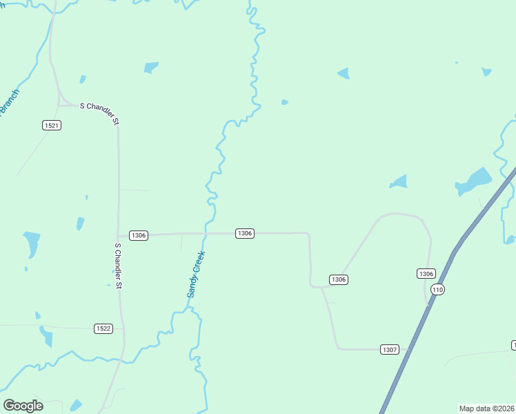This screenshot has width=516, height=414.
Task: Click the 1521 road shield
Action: coord(51,125)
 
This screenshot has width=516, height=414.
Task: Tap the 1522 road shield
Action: coord(103,328)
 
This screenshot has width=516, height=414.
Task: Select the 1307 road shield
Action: coord(390,350)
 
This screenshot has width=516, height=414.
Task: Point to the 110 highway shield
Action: coord(437,290)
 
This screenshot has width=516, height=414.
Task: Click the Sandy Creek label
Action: coord(197,274)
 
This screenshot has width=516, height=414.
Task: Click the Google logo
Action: coord(23,406)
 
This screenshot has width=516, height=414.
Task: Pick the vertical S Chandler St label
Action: coord(118,266)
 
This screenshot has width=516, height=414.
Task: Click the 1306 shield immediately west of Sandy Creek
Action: coord(139,235)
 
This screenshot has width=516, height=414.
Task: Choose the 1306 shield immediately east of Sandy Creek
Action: coord(245,233)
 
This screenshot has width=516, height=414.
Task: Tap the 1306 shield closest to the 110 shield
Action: coord(426,274)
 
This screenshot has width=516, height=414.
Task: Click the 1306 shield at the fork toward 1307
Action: coord(338,279)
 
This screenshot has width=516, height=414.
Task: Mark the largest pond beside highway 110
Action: coord(475,181)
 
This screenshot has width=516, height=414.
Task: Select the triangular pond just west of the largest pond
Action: coord(399,182)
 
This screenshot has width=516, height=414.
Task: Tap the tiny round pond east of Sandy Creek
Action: coord(284,102)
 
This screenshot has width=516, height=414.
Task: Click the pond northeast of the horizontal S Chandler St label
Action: coord(151,68)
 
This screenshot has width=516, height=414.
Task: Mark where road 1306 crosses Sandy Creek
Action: coord(205,233)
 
